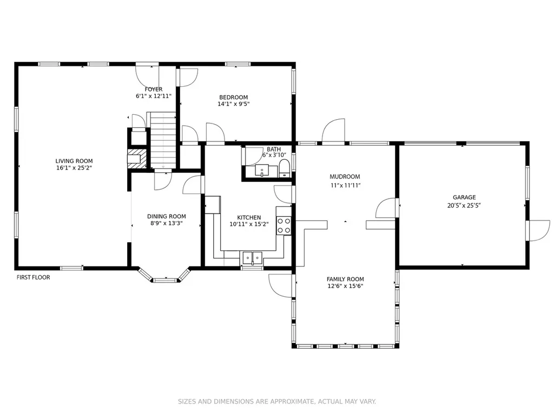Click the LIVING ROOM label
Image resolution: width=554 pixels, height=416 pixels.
click(74, 161)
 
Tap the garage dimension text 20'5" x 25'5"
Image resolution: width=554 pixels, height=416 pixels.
click(464, 205)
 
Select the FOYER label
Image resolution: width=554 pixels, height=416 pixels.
click(154, 89)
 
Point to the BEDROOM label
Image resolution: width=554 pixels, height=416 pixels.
click(234, 97)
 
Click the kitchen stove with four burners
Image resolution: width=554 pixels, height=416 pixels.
click(283, 225)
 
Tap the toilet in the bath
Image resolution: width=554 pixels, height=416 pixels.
click(285, 168)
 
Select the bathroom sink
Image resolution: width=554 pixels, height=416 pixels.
click(262, 171)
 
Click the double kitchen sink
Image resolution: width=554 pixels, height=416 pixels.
click(252, 258)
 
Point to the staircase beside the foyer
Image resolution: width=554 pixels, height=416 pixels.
click(163, 140)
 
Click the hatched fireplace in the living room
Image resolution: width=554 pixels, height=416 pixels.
click(137, 159)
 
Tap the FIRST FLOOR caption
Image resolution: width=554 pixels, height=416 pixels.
click(33, 277)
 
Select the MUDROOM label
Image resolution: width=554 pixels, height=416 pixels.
click(345, 177)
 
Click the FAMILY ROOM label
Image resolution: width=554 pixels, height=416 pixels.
click(345, 279)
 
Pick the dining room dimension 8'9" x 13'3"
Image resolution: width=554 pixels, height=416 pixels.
click(167, 223)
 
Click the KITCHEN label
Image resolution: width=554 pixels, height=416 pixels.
click(249, 218)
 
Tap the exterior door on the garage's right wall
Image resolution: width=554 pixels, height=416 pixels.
click(538, 231)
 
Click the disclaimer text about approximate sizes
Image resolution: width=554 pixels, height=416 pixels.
click(277, 401)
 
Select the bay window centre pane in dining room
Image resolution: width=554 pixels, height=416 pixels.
click(164, 281)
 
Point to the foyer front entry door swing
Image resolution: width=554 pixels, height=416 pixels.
click(148, 75)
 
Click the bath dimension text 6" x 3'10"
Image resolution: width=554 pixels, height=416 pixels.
click(274, 155)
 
